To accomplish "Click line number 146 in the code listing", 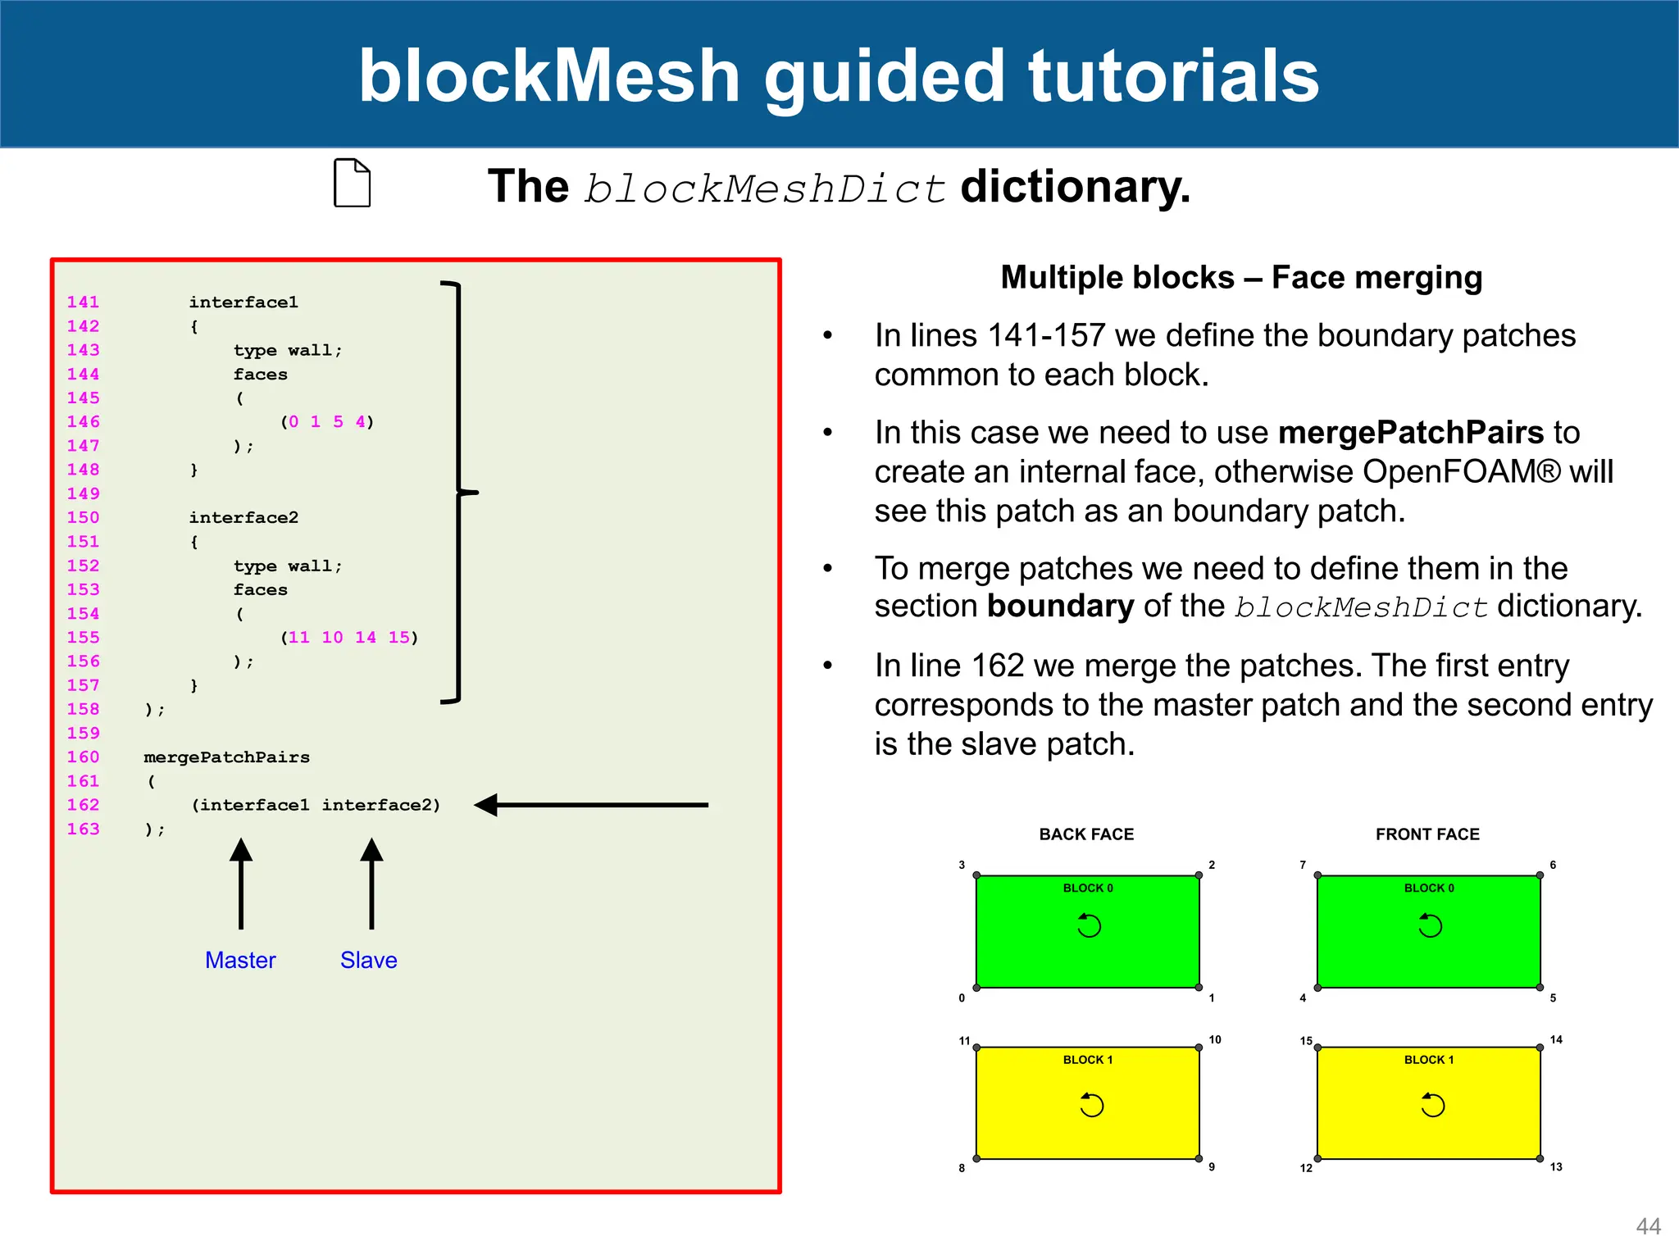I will tap(84, 421).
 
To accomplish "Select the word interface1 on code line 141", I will tap(243, 302).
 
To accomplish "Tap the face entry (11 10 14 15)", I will tap(349, 637).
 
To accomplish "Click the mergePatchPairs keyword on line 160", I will tap(226, 757).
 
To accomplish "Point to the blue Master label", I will tap(240, 960).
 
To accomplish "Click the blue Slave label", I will tap(368, 960).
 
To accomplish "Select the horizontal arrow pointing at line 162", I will tap(590, 805).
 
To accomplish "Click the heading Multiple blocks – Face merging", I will tap(1241, 277).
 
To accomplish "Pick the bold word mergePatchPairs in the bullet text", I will tap(1410, 432).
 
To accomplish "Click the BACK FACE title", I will tap(1086, 834).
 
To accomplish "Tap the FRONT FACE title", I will tap(1427, 834).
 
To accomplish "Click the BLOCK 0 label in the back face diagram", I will tap(1088, 888).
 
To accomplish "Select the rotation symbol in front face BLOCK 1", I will tap(1432, 1105).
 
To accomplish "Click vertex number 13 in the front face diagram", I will tap(1555, 1166).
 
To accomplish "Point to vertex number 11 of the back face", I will tap(964, 1041).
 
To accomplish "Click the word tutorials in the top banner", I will tap(1174, 75).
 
